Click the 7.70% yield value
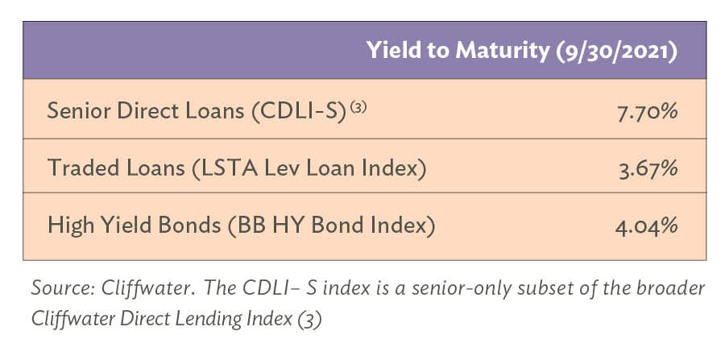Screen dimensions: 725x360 pos(648,112)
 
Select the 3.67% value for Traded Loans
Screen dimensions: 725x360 pos(648,169)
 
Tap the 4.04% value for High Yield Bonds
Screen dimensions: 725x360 pos(646,226)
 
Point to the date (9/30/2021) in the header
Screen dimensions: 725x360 pos(616,51)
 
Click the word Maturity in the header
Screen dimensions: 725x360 pos(503,51)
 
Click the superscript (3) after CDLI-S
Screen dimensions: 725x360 pos(358,106)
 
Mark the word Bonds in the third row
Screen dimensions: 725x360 pos(189,226)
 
